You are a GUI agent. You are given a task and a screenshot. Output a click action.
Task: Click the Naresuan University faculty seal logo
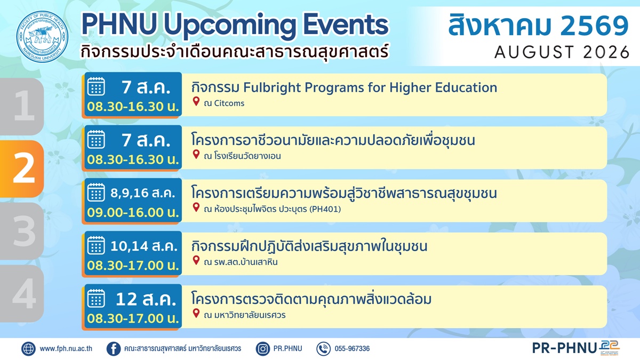42,36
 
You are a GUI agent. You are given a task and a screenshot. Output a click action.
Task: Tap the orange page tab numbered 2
22,169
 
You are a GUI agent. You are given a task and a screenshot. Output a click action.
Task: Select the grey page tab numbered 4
22,293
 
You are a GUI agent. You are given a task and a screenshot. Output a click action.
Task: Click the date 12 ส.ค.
146,299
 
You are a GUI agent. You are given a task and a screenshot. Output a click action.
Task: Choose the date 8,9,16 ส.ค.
142,193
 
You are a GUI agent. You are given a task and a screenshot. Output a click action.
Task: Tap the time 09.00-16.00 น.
133,213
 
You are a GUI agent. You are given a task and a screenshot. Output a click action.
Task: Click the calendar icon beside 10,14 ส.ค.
96,245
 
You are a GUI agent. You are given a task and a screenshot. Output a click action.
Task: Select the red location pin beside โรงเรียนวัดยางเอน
196,154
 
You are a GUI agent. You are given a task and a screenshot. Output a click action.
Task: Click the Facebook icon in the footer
114,349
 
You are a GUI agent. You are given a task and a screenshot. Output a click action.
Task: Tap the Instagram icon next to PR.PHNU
263,349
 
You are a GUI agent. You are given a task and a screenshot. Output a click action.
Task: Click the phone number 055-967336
352,349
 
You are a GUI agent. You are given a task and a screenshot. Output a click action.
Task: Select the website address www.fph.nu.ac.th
66,349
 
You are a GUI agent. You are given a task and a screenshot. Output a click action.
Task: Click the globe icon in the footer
29,349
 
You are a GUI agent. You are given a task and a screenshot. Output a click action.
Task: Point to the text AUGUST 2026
562,52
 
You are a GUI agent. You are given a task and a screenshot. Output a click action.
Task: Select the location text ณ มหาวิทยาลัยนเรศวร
245,315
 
